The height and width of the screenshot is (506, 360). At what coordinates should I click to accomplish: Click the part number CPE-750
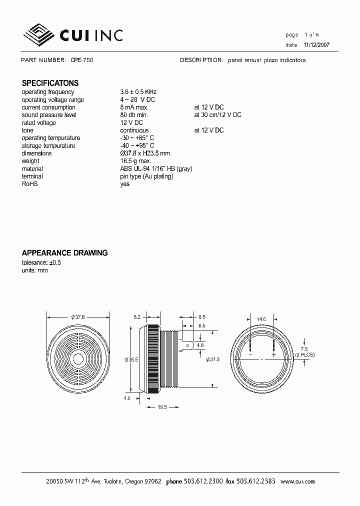(81, 60)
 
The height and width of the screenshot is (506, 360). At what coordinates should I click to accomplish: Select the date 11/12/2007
(316, 44)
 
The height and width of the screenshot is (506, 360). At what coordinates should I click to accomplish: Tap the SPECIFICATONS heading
(50, 83)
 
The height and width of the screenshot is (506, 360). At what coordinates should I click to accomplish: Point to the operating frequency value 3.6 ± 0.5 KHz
(138, 92)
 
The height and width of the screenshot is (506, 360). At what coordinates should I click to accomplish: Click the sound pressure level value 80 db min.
(134, 115)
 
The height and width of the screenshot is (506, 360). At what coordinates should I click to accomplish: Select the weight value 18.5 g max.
(135, 161)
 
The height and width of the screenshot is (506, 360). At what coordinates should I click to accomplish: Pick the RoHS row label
(29, 184)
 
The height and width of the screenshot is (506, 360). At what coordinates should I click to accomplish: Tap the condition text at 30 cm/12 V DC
(218, 115)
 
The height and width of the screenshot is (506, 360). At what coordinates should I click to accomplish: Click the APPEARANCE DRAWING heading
(64, 253)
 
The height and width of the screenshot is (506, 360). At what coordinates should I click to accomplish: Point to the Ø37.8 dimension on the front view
(78, 316)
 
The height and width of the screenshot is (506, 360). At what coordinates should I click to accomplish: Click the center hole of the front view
(78, 358)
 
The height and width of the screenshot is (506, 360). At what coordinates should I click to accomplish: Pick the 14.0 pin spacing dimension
(261, 319)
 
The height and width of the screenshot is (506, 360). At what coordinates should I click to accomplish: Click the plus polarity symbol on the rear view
(274, 354)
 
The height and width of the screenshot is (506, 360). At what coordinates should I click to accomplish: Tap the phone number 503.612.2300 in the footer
(201, 481)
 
